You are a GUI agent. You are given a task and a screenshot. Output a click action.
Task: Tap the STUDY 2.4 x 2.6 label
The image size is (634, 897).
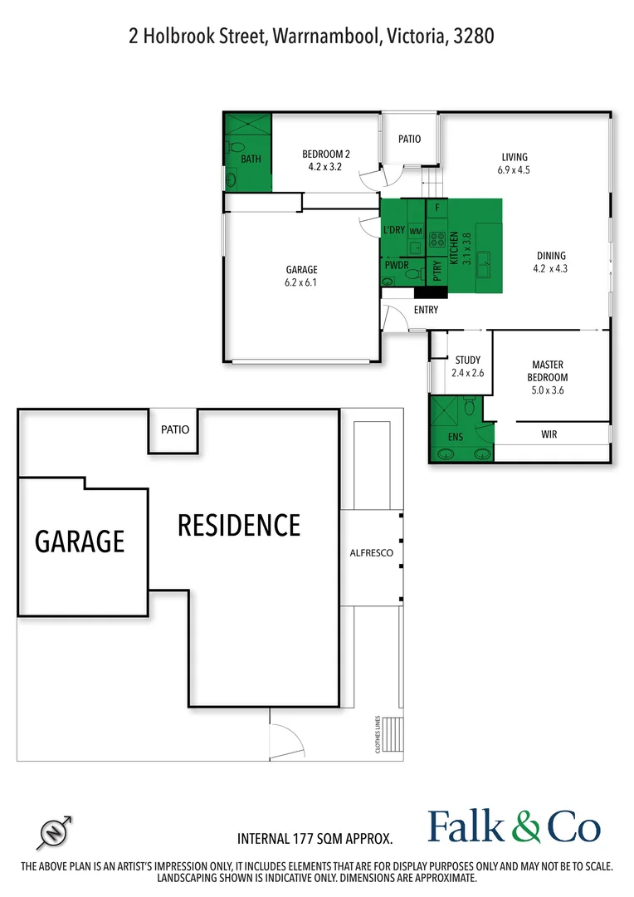(468, 366)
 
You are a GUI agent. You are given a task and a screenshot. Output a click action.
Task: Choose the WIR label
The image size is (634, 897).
(549, 434)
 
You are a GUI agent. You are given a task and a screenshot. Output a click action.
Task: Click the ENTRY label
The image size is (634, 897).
(426, 310)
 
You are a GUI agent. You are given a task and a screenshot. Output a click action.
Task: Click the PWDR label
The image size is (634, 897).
(394, 266)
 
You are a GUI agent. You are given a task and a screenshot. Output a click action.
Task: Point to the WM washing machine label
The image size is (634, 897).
(415, 229)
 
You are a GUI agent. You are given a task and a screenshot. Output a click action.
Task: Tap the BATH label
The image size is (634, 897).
(251, 159)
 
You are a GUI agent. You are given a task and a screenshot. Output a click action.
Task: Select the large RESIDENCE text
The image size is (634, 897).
(239, 525)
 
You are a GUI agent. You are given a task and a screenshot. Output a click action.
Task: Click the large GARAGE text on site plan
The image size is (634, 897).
(80, 541)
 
